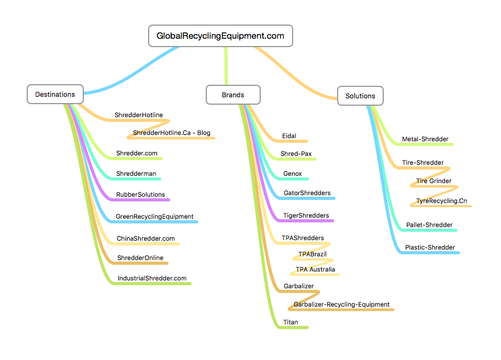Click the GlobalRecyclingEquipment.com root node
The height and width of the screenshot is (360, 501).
coord(220,36)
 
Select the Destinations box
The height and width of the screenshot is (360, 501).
coord(55,95)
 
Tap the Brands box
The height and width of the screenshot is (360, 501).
coord(233,95)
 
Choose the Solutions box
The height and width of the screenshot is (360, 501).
coord(360,96)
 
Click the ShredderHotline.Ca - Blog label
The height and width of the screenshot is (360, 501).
coord(171,133)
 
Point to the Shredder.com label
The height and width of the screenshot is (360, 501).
coord(137,153)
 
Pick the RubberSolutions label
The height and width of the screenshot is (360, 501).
coord(140,195)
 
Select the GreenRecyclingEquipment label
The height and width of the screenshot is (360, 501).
coord(154,217)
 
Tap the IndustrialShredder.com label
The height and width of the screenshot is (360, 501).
coord(152,278)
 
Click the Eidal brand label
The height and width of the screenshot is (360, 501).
coord(289,136)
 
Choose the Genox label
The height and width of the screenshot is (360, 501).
coord(292,174)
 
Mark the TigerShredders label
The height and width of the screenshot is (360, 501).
coord(306,216)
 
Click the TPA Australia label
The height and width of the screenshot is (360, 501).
coord(315,269)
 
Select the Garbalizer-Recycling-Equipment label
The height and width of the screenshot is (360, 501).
coord(341,305)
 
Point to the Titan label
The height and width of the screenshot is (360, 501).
coord(291,322)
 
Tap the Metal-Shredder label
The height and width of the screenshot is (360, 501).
coord(425,139)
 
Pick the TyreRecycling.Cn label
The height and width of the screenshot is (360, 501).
coord(441,201)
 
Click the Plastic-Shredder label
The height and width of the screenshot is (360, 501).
coord(430,248)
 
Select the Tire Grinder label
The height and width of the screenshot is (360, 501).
coord(433,181)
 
